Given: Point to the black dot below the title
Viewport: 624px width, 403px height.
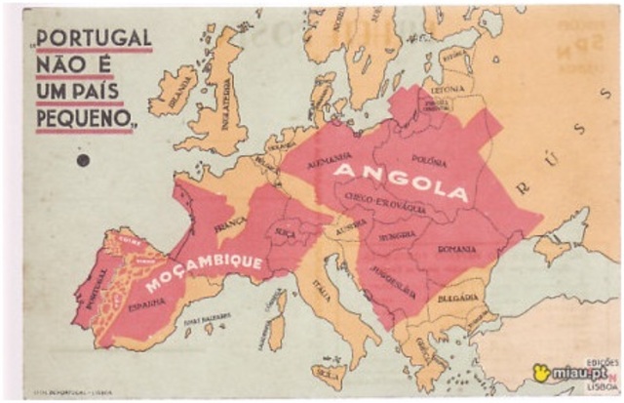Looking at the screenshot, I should pyautogui.click(x=83, y=160).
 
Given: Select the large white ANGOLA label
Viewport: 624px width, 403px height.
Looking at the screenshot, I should pyautogui.click(x=402, y=180).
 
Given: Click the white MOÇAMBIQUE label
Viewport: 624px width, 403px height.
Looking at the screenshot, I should pyautogui.click(x=204, y=273).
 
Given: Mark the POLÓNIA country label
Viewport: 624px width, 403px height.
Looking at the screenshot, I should pyautogui.click(x=429, y=158).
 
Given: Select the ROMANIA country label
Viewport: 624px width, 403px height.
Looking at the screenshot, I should pyautogui.click(x=457, y=250).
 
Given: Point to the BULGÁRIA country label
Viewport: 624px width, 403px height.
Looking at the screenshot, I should pyautogui.click(x=457, y=297).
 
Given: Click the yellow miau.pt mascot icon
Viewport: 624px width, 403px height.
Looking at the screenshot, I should pyautogui.click(x=541, y=372).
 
